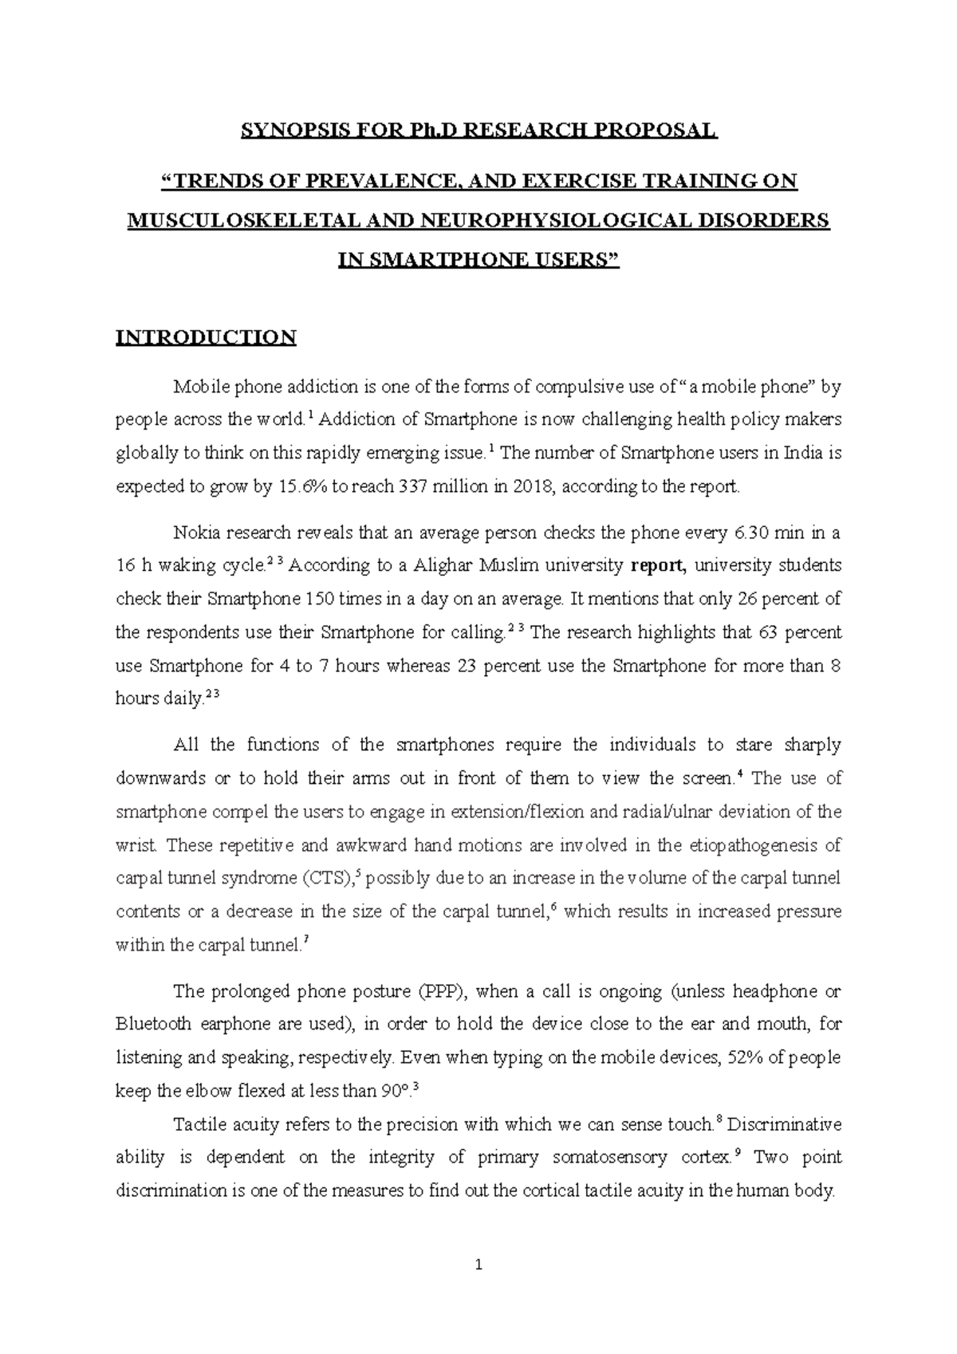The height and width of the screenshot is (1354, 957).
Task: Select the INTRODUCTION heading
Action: [x=206, y=337]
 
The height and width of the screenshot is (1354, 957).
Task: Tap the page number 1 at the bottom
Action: [x=478, y=1265]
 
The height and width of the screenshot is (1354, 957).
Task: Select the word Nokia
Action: [x=195, y=533]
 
